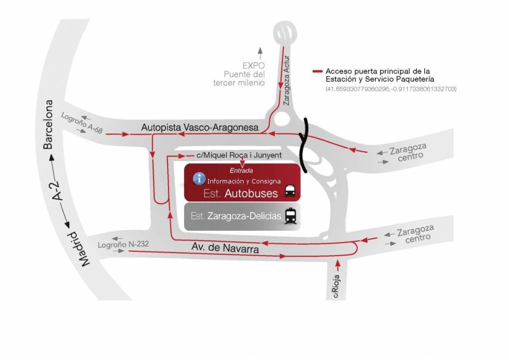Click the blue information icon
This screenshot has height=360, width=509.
click(199, 179)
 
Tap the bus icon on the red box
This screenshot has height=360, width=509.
click(290, 191)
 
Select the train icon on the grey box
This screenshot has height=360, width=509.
click(291, 216)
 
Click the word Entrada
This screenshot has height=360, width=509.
click(241, 171)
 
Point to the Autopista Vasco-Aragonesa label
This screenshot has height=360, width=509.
click(200, 128)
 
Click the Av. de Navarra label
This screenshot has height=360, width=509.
click(225, 248)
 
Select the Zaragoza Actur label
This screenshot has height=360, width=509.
click(286, 81)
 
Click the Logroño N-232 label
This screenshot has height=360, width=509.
click(123, 244)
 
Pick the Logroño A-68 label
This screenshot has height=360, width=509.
click(82, 123)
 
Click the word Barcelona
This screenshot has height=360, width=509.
click(48, 124)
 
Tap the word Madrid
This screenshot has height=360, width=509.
click(80, 249)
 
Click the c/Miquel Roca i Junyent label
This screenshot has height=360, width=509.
click(239, 155)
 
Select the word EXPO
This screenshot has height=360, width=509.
click(254, 66)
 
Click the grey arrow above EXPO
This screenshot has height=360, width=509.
click(260, 53)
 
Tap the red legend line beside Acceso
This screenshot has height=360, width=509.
click(318, 71)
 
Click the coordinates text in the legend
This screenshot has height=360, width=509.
click(391, 89)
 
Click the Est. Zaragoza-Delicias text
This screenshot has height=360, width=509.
click(236, 216)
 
